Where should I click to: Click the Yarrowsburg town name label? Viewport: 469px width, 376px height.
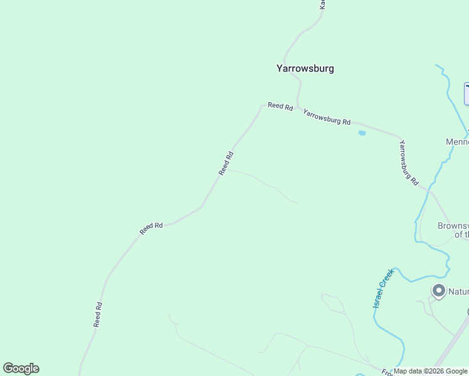305,69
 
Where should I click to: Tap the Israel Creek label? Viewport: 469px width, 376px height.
382,288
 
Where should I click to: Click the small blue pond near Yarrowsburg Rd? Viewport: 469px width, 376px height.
362,133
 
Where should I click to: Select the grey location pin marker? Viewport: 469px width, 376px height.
438,290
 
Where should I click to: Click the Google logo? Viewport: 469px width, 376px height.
21,368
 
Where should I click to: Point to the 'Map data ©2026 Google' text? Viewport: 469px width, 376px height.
430,371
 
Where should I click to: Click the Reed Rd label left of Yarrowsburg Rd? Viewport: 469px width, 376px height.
280,107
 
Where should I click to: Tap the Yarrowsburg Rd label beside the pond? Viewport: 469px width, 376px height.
327,117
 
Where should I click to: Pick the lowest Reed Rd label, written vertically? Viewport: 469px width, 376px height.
98,314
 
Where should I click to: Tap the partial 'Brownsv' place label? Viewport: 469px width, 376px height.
453,226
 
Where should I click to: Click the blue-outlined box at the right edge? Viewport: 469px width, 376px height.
466,93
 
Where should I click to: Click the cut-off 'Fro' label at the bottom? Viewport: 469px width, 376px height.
387,372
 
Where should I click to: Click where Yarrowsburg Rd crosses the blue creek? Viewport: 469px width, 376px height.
429,189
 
